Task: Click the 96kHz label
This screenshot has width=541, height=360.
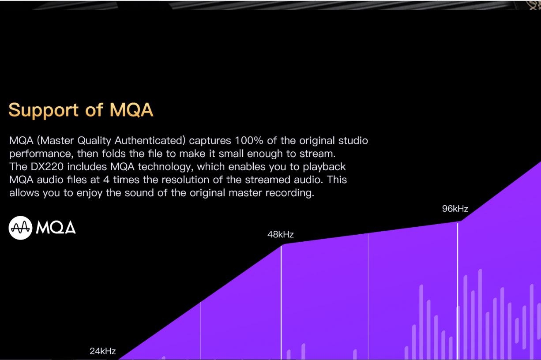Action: click(455, 209)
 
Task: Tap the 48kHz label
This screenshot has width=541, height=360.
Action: click(280, 234)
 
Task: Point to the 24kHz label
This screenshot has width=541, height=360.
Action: click(102, 351)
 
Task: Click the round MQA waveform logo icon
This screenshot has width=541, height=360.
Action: click(20, 228)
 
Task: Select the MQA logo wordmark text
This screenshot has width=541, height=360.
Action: click(56, 228)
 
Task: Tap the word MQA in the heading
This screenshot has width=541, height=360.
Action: click(131, 110)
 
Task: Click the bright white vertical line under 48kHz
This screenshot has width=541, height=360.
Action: click(281, 300)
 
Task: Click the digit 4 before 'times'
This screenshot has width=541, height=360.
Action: click(106, 180)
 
